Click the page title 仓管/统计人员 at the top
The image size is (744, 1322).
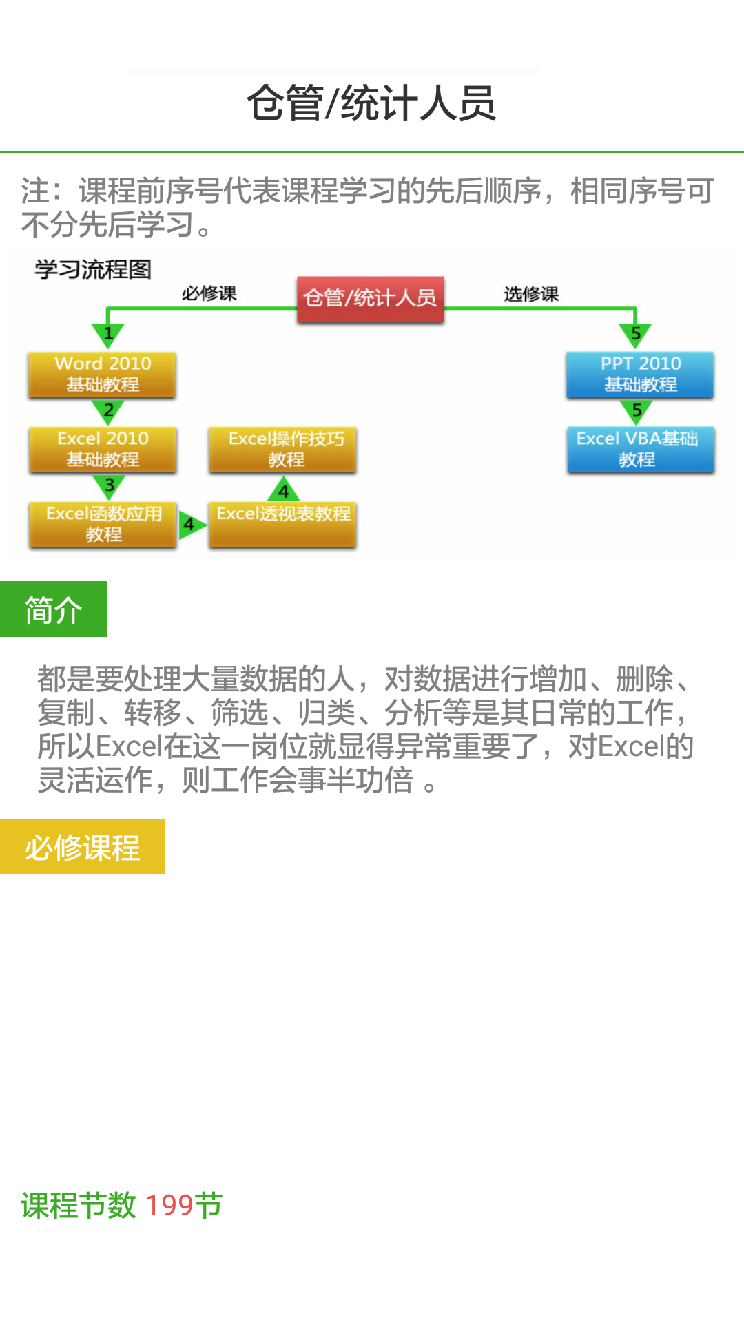tap(371, 103)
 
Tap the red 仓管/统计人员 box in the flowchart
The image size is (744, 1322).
tap(370, 298)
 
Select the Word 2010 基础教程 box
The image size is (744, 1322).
tap(103, 374)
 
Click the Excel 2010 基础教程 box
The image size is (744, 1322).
tap(103, 449)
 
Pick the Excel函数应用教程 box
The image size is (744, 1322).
tap(103, 524)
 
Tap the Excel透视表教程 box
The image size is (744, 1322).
tap(283, 524)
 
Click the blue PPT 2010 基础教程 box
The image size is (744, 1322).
tap(640, 374)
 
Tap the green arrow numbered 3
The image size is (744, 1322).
tap(109, 486)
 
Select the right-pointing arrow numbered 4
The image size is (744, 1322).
tap(191, 525)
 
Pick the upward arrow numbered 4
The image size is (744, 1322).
tap(283, 490)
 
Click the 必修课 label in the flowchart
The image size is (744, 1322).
tap(209, 294)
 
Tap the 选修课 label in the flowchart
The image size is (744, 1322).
tap(530, 295)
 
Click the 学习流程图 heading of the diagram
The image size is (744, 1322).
tap(93, 269)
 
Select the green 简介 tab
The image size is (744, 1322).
tap(54, 609)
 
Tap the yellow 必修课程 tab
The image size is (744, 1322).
tap(83, 847)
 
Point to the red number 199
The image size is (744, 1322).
tap(169, 1205)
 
